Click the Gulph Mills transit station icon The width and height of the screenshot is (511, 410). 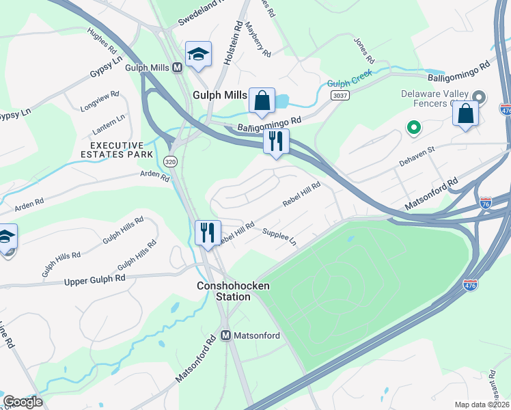coord(177,67)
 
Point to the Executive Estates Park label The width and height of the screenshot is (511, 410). coord(118,150)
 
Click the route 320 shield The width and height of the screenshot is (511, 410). coord(170,161)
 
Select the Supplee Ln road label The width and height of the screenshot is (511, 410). coord(280,238)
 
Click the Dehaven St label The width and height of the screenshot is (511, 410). coord(417,159)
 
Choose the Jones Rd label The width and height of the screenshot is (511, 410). coord(361,47)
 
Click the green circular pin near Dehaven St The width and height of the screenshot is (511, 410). coord(413,127)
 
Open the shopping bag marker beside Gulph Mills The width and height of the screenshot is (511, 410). coord(262,100)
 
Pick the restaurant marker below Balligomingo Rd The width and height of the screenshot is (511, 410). coord(276,141)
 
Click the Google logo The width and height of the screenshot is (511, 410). coord(23,402)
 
